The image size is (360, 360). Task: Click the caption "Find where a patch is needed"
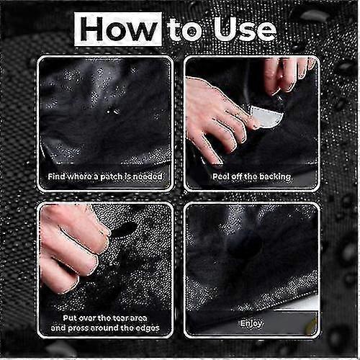pos(105,176)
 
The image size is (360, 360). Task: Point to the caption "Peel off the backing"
pos(251,176)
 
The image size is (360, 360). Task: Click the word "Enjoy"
pos(251,324)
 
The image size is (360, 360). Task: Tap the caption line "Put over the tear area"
pos(105,317)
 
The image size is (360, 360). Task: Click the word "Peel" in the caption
pos(221,176)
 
